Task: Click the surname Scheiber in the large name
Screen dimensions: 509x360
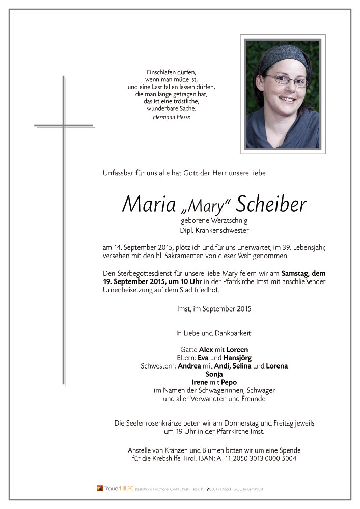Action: tap(270, 205)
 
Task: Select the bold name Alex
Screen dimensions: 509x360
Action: tap(206, 350)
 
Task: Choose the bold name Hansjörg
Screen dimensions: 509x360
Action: tap(238, 358)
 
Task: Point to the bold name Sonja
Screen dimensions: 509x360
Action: tap(214, 374)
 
